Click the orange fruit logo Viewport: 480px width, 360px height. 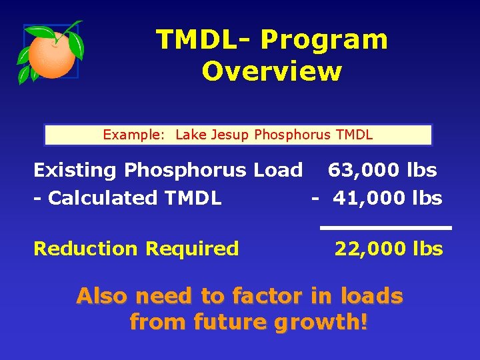pyautogui.click(x=52, y=53)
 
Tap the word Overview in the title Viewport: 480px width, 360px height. pyautogui.click(x=271, y=71)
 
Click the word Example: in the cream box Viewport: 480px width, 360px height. pyautogui.click(x=133, y=135)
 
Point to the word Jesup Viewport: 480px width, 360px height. pyautogui.click(x=231, y=135)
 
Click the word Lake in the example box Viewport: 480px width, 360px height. pyautogui.click(x=192, y=135)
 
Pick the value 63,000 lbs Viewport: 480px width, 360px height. pyautogui.click(x=382, y=171)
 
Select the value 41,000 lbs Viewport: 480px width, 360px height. pyautogui.click(x=387, y=198)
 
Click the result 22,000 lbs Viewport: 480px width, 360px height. pyautogui.click(x=389, y=249)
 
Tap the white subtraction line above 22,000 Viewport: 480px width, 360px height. pyautogui.click(x=385, y=228)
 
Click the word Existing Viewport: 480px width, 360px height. pyautogui.click(x=75, y=171)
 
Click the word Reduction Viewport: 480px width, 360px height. pyautogui.click(x=86, y=249)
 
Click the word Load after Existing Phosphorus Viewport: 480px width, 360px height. pyautogui.click(x=278, y=171)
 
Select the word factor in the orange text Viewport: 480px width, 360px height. pyautogui.click(x=267, y=295)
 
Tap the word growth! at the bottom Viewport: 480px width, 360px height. pyautogui.click(x=322, y=323)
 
